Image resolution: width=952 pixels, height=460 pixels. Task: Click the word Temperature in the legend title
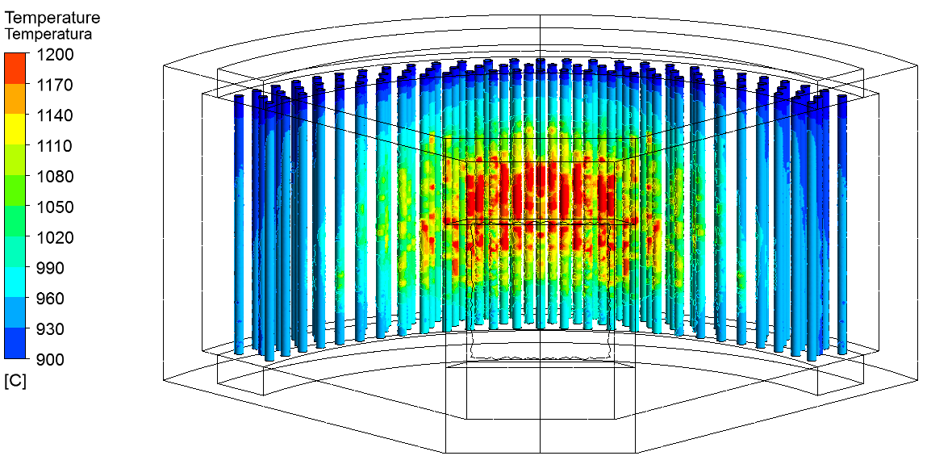point(52,18)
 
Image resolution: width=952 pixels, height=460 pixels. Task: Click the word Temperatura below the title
point(48,34)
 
